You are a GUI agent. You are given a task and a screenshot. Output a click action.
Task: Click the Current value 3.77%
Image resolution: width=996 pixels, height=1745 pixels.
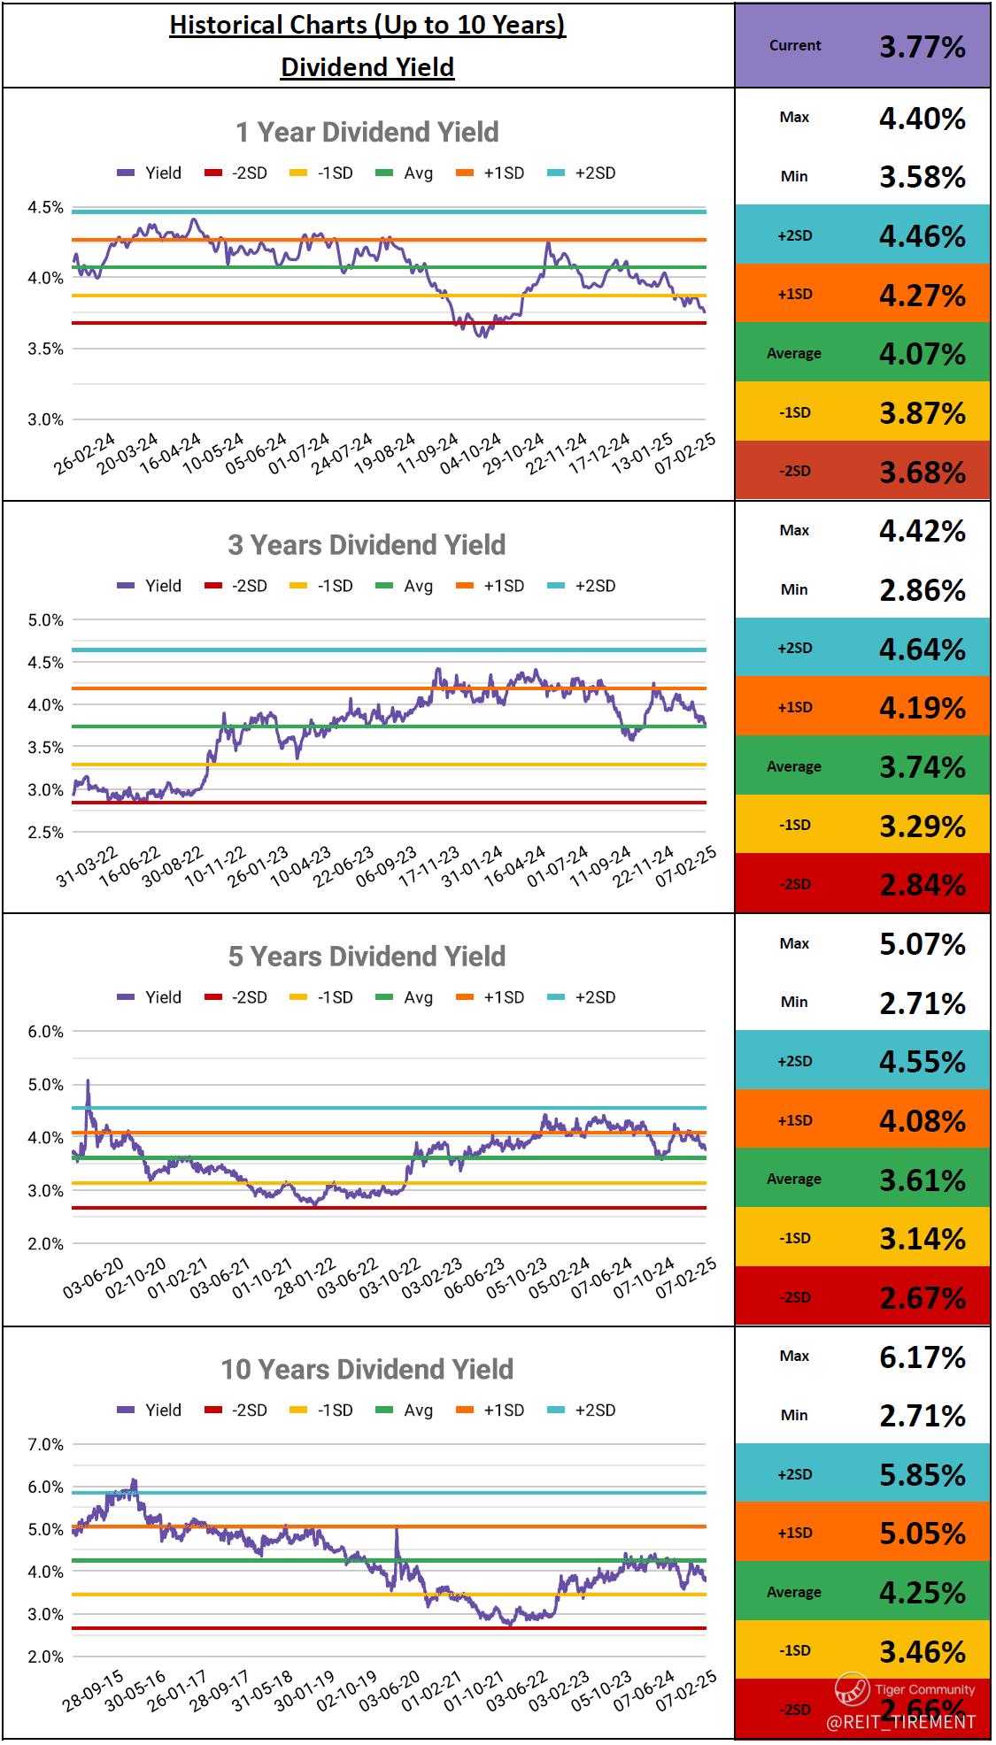point(922,46)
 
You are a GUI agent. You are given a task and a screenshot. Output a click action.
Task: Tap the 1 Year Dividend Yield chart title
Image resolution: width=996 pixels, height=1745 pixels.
point(367,133)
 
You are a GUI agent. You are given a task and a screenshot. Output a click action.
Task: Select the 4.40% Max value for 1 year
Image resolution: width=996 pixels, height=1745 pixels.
point(922,118)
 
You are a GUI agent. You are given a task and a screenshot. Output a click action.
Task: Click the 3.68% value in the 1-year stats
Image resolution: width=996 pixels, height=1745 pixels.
point(922,472)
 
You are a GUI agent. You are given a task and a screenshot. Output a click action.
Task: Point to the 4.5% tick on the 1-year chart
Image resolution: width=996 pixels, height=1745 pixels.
point(46,208)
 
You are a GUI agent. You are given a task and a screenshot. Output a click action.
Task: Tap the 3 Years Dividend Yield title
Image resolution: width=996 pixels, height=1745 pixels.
point(367,545)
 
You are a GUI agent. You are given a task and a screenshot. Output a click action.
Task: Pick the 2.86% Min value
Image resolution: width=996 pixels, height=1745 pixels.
point(922,590)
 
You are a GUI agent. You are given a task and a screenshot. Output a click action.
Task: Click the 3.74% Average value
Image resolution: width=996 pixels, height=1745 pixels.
point(922,767)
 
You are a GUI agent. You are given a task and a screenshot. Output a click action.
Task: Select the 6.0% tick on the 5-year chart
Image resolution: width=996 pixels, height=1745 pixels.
point(46,1032)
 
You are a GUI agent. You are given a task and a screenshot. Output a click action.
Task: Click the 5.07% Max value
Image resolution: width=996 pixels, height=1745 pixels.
point(922,944)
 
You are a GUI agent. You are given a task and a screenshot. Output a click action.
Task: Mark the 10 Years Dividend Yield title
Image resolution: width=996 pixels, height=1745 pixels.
point(367,1370)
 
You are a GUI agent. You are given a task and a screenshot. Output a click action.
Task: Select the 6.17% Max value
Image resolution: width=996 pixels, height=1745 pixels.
point(922,1357)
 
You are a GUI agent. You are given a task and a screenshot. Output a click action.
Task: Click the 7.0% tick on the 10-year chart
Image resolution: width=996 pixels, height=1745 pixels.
point(46,1445)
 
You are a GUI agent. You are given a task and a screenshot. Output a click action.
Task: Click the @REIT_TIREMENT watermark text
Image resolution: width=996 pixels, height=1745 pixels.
point(900,1722)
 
